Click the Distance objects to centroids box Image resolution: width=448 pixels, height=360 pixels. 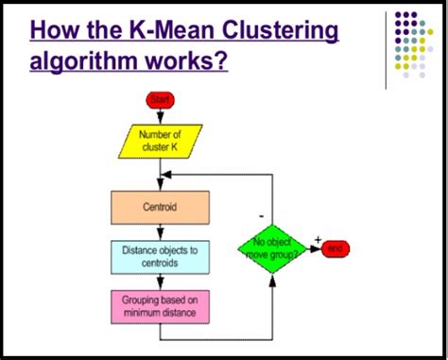(x=161, y=255)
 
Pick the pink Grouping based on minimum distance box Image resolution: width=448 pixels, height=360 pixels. (x=161, y=305)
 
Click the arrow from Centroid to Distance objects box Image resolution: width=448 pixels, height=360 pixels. (x=161, y=231)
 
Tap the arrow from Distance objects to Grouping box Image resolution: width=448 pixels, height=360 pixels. (x=161, y=281)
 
